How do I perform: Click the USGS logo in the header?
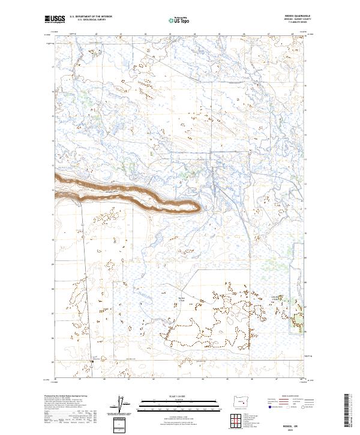[x=55, y=20]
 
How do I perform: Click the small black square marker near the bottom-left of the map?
[x=92, y=361]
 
